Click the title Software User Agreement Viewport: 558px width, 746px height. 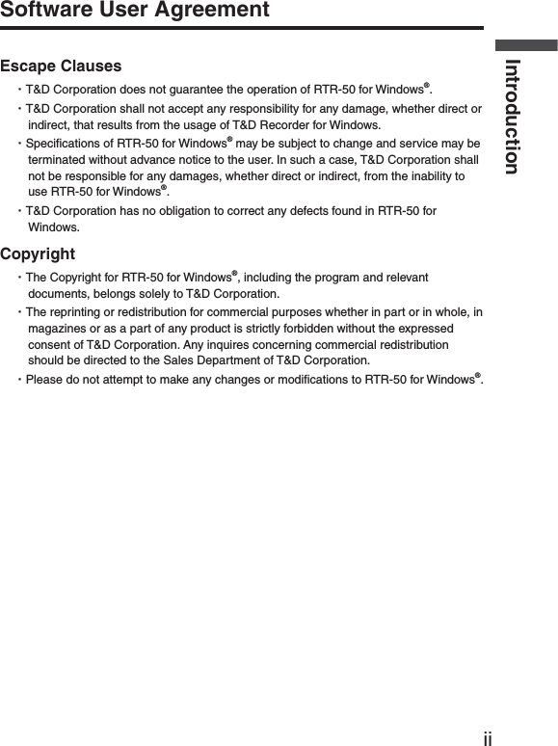point(135,12)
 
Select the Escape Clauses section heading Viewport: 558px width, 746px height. point(62,67)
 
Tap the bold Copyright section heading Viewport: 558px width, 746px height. point(38,254)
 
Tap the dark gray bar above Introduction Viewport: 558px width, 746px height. point(526,44)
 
